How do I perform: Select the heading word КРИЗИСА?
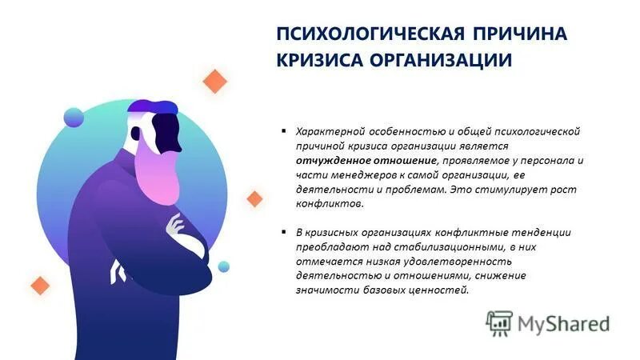coord(319,61)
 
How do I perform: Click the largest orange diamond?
coord(214,82)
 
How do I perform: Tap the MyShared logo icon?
coord(499,323)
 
